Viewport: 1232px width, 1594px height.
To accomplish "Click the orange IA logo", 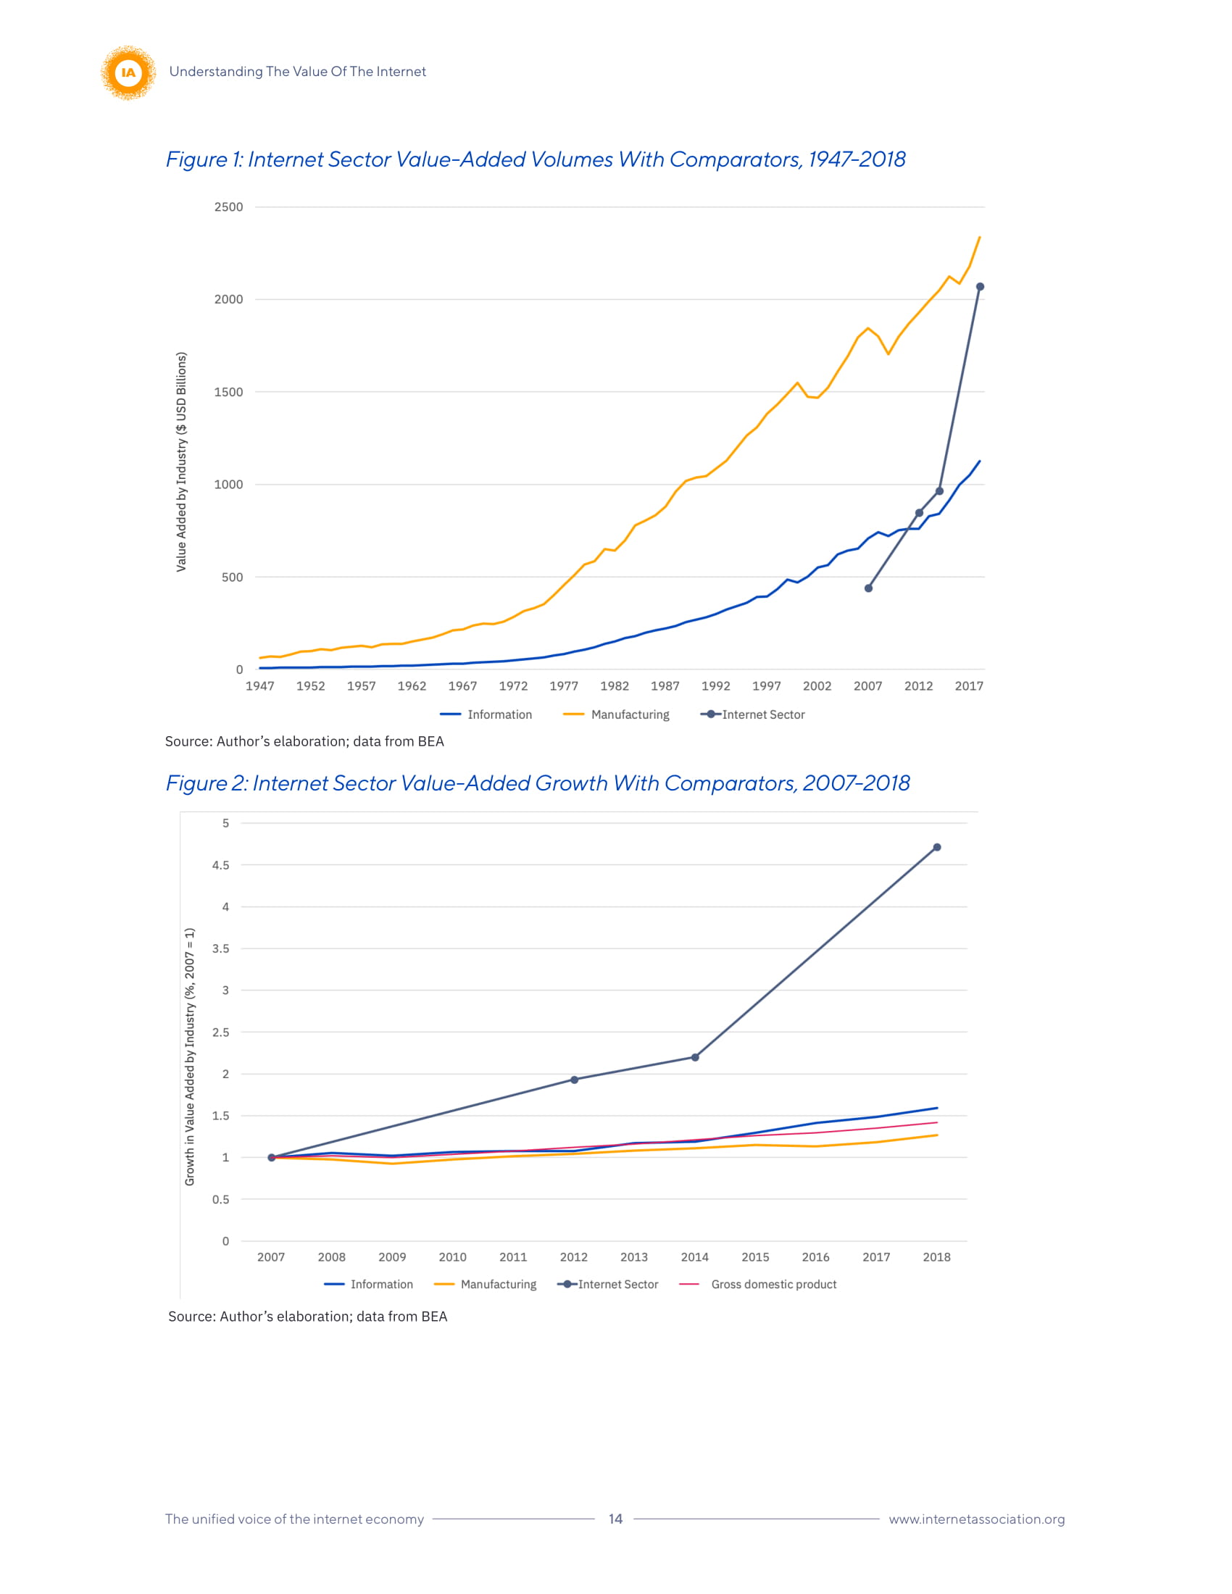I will (x=128, y=72).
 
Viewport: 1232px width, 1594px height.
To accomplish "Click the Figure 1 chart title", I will (x=535, y=159).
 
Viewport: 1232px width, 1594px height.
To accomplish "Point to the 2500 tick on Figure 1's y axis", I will (x=228, y=207).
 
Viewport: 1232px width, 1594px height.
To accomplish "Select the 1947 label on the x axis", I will (x=260, y=686).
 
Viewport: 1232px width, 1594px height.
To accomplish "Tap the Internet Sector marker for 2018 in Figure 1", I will (x=980, y=287).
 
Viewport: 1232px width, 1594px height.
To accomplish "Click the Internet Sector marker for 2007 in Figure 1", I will (x=867, y=588).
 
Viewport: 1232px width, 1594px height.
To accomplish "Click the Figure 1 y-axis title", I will (x=182, y=462).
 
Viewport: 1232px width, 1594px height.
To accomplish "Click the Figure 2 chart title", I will (x=537, y=783).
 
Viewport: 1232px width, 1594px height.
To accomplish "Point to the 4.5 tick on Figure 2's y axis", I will (x=220, y=865).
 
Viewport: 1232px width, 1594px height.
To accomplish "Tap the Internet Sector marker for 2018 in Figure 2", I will (x=936, y=848).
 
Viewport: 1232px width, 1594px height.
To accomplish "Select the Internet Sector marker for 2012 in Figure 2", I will (x=575, y=1080).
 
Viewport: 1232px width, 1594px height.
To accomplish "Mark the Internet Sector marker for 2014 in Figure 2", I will (x=695, y=1057).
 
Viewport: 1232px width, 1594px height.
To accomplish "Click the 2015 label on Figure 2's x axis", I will (x=755, y=1257).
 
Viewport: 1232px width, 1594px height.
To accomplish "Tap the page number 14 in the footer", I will (x=615, y=1519).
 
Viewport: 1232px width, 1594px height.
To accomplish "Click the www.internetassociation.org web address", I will (x=977, y=1519).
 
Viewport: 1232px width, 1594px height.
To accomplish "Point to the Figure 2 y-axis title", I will (x=190, y=1057).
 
